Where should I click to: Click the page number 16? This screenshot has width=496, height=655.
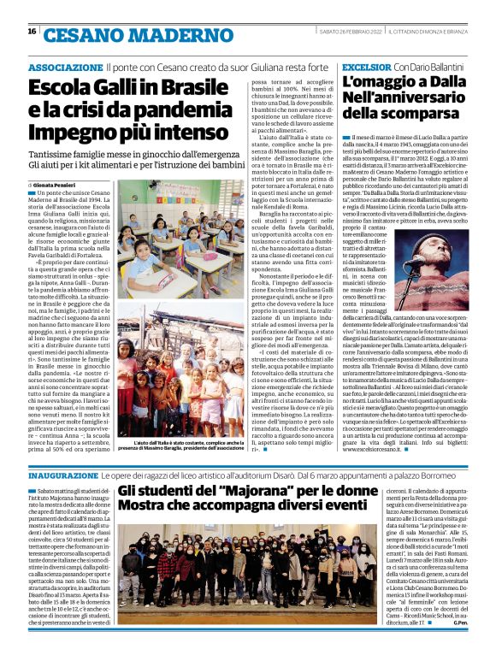(32, 32)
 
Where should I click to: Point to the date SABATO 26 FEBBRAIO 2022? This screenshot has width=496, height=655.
(350, 32)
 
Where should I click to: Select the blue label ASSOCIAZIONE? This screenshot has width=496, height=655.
(65, 67)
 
